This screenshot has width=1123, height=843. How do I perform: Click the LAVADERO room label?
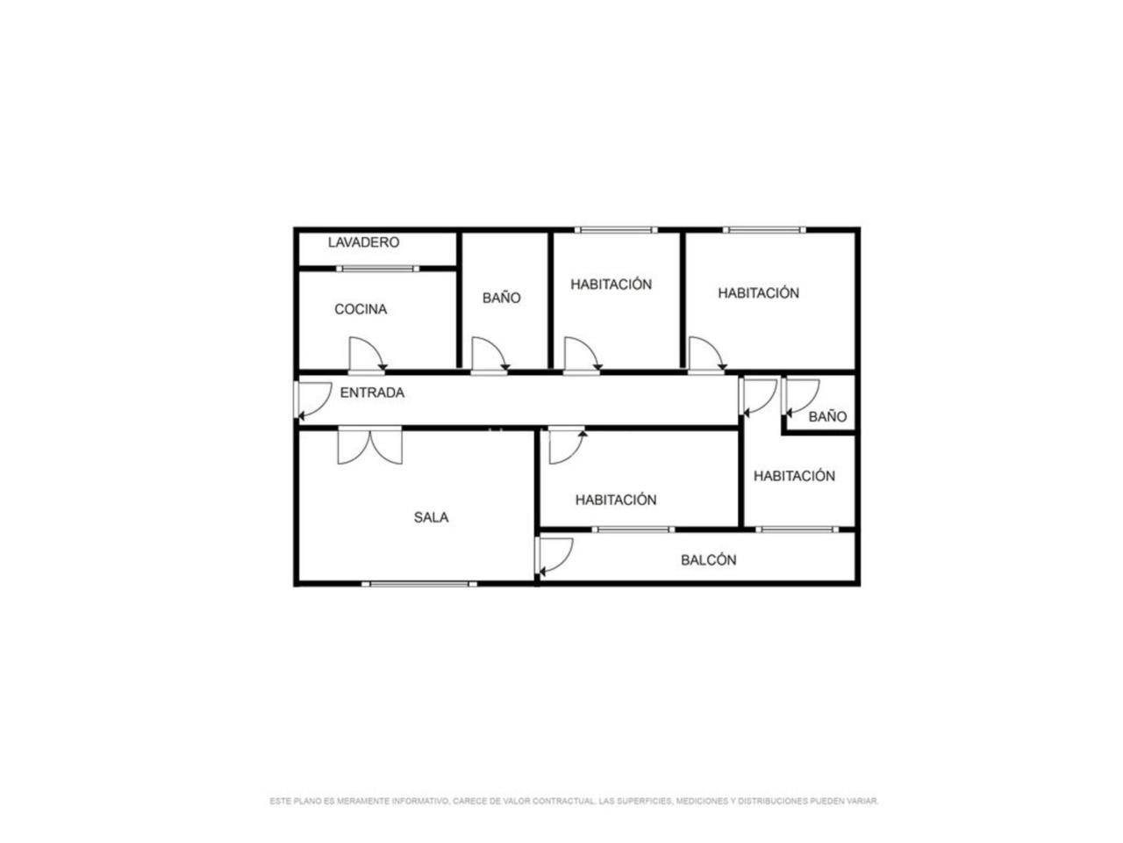[363, 242]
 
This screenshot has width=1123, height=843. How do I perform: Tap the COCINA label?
[361, 309]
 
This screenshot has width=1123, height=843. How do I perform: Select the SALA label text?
[431, 517]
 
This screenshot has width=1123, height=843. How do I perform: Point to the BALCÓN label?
[708, 560]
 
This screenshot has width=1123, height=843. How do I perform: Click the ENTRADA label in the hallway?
[372, 393]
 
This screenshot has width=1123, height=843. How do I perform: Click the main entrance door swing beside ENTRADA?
[313, 400]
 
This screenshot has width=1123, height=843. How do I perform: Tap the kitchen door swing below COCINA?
[368, 354]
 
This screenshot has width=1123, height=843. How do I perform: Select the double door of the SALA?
[369, 445]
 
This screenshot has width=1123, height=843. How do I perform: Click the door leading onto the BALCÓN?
[554, 557]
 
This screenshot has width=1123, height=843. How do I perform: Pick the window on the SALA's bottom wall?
[419, 583]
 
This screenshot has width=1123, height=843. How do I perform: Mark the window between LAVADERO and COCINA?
[377, 269]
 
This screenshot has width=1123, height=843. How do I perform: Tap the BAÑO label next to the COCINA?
[501, 298]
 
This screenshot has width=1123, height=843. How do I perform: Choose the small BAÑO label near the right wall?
[827, 416]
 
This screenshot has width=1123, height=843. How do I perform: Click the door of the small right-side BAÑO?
[800, 397]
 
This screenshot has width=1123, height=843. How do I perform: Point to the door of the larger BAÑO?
[490, 354]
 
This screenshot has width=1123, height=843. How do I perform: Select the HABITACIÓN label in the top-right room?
[758, 292]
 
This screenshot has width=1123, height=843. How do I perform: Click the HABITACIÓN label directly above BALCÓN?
[616, 500]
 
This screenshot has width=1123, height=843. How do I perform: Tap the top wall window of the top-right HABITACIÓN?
[764, 230]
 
